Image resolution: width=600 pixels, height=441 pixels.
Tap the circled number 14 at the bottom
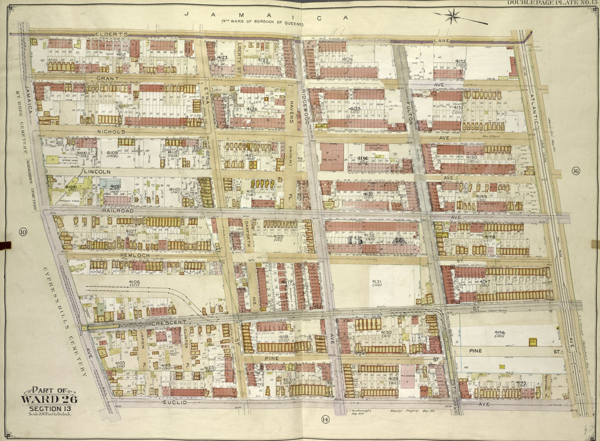[325, 418]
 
